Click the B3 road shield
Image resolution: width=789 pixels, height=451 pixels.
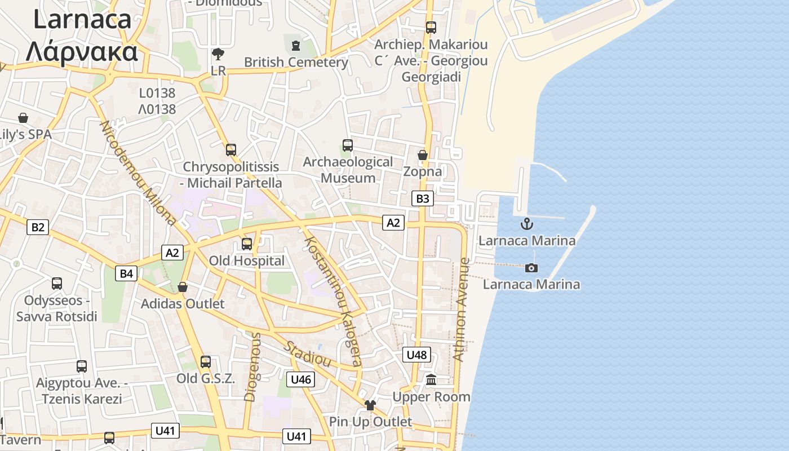(423, 198)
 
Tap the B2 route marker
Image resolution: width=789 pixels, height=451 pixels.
(38, 227)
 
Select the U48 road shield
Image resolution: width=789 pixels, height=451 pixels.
(417, 355)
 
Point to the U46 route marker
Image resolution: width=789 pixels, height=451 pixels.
(300, 379)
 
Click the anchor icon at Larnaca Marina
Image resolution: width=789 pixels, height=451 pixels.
(526, 224)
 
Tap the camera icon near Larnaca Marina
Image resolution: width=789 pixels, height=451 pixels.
(531, 268)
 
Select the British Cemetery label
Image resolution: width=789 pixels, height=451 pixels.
(296, 62)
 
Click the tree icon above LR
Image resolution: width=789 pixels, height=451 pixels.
(218, 54)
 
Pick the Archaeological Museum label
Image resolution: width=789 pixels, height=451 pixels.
(348, 170)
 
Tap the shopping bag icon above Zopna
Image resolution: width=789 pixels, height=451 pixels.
(423, 154)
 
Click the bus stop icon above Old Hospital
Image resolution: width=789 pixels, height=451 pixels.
(247, 244)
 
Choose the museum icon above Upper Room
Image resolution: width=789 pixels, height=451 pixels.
(432, 380)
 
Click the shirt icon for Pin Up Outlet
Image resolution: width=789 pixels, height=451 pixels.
(370, 405)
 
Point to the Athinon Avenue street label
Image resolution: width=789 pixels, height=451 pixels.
(461, 309)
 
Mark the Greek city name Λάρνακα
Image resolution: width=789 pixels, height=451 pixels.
(82, 51)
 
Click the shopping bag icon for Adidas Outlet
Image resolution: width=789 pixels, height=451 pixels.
(183, 287)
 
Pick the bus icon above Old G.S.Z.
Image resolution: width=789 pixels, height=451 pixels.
(206, 362)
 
